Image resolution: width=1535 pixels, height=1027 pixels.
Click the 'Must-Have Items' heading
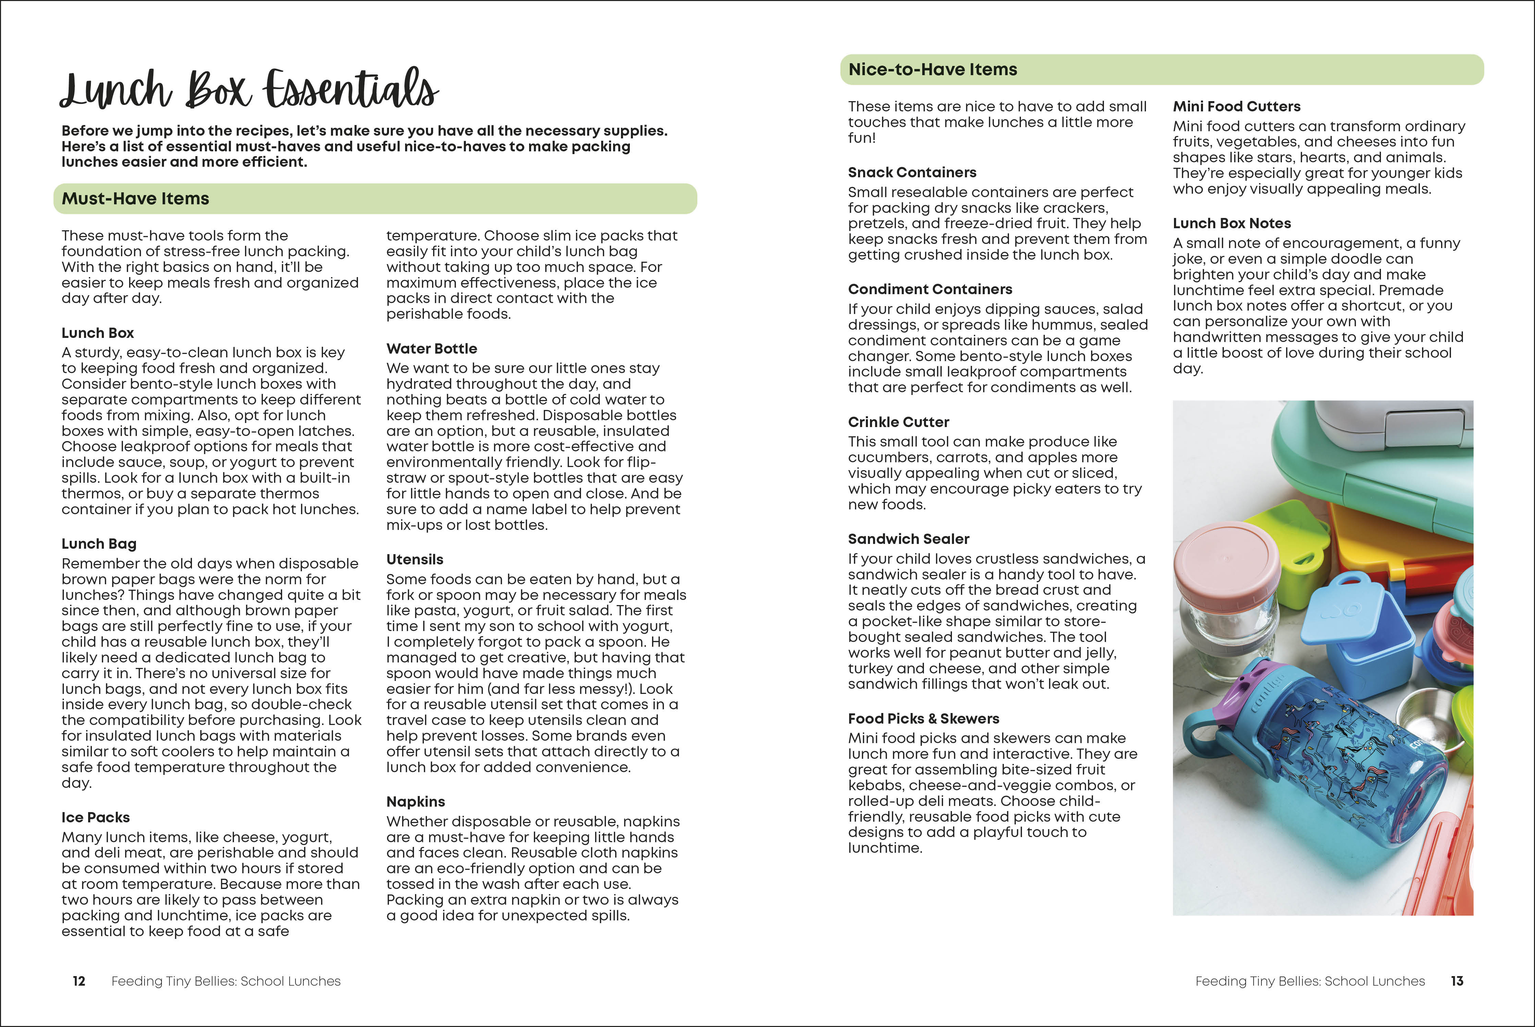[136, 198]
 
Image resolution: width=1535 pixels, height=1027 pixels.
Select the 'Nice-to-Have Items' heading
[932, 69]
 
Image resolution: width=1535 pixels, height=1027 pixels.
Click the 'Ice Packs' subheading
[96, 818]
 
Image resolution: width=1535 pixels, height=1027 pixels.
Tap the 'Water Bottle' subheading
[431, 348]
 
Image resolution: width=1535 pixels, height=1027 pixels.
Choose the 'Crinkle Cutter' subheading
[898, 422]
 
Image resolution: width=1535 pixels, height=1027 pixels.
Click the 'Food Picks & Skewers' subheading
[923, 718]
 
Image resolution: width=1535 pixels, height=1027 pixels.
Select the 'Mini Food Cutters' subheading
[1236, 106]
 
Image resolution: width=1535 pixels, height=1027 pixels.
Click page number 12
[79, 981]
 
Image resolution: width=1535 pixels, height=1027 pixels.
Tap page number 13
[1457, 981]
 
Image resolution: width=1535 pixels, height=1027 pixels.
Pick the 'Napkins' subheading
[415, 802]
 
